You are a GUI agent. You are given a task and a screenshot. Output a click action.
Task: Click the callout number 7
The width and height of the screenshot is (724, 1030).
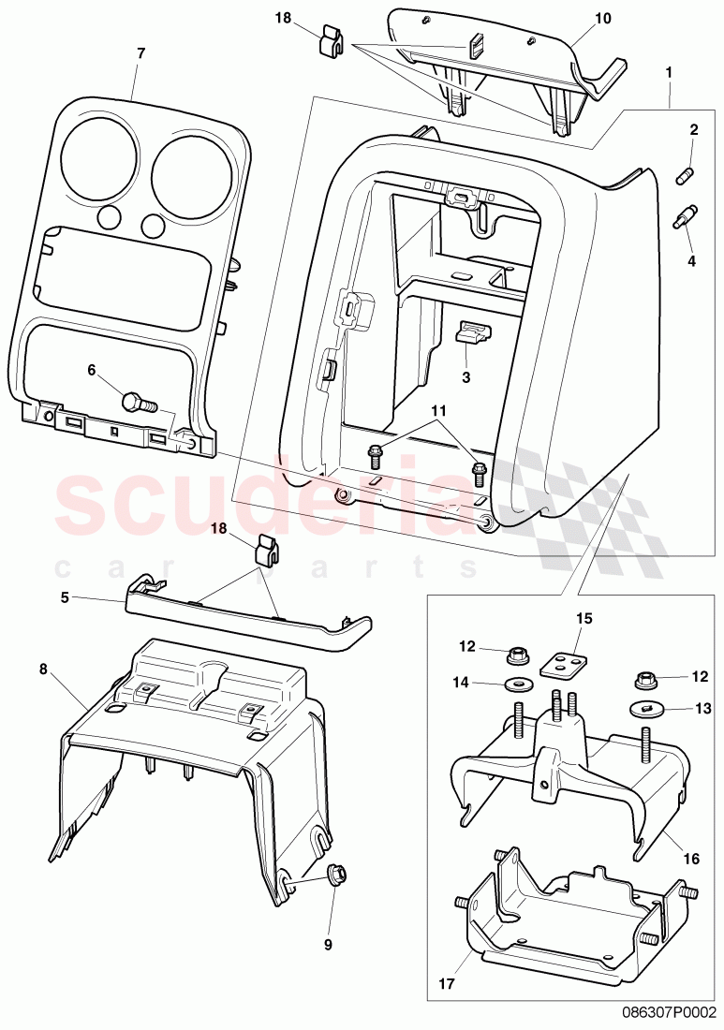[x=140, y=53]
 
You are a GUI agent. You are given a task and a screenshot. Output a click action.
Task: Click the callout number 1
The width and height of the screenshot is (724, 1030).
[x=669, y=71]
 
